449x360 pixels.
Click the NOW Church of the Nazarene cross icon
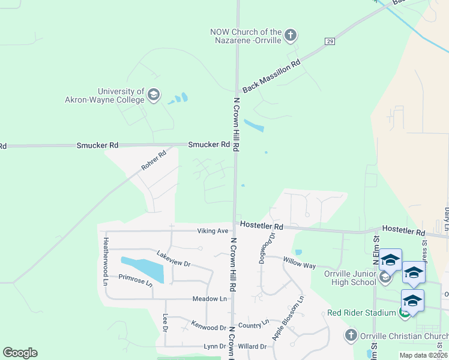(291, 35)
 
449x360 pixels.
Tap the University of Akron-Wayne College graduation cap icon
(154, 95)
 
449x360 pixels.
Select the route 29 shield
(330, 41)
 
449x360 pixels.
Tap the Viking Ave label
(213, 231)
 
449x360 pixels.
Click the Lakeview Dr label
(173, 259)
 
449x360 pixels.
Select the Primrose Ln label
(136, 280)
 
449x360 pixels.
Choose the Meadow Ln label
(210, 299)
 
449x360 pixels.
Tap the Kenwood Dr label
(209, 328)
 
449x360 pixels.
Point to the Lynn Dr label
(214, 347)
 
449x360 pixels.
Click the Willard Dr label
(252, 347)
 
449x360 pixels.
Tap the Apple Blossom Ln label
(288, 318)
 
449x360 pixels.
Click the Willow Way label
(300, 264)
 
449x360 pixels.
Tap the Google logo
(20, 353)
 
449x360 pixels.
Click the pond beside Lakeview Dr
(143, 268)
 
